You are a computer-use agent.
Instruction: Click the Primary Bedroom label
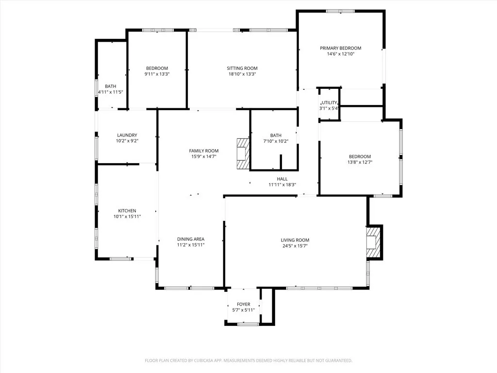340,48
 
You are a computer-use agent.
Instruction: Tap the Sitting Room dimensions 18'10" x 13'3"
242,74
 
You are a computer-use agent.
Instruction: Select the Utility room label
329,102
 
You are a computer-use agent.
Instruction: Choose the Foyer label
243,304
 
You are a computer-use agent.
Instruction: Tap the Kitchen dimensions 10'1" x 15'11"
127,217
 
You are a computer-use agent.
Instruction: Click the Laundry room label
127,135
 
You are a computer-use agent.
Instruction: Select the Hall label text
282,179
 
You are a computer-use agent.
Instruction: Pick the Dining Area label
190,239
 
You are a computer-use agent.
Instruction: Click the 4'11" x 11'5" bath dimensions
110,92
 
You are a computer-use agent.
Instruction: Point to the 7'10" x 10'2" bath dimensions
276,141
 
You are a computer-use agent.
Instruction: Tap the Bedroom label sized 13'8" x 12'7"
360,156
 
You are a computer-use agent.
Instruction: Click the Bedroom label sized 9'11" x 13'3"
157,68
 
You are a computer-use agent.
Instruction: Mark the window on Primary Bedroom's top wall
340,11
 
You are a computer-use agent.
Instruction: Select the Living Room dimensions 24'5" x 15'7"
295,246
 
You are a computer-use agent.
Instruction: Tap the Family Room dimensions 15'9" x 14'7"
204,156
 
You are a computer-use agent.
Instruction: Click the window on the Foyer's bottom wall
248,323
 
